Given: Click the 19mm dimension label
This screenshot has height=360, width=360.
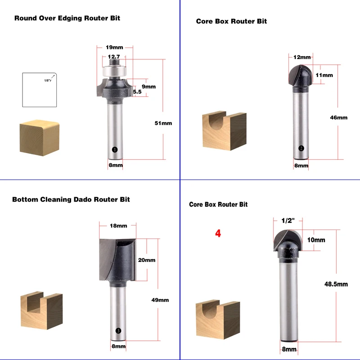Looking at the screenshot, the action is tap(114, 47).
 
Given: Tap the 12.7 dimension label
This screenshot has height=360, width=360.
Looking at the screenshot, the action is tap(114, 57).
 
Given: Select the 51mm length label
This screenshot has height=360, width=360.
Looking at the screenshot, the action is tap(163, 123).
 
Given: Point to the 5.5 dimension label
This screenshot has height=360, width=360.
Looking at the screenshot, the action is tap(137, 92).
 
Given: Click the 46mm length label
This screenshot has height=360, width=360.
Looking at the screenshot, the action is tap(339, 117).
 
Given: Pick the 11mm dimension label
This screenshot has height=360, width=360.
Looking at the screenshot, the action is tap(324, 75).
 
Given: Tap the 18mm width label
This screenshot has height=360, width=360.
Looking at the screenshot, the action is tap(118, 226).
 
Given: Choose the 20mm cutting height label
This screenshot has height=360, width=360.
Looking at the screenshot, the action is tap(147, 260).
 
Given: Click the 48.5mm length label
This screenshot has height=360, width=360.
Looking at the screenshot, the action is tap(336, 284).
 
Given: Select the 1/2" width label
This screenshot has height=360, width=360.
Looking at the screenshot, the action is tap(288, 220).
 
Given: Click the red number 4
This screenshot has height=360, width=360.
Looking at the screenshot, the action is tap(218, 233).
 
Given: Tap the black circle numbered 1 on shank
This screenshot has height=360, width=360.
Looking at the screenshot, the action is tap(115, 150).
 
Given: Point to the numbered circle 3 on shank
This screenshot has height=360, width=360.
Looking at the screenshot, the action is tap(118, 331).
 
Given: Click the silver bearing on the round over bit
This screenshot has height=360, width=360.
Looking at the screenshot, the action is tap(114, 71).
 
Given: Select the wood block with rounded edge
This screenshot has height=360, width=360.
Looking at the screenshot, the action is tap(40, 138).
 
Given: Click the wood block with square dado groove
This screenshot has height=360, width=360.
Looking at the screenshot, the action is tap(41, 310).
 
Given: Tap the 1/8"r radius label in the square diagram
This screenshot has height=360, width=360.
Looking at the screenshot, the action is tap(48, 81).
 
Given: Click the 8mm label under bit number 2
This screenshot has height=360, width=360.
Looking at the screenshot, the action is tap(301, 166).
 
